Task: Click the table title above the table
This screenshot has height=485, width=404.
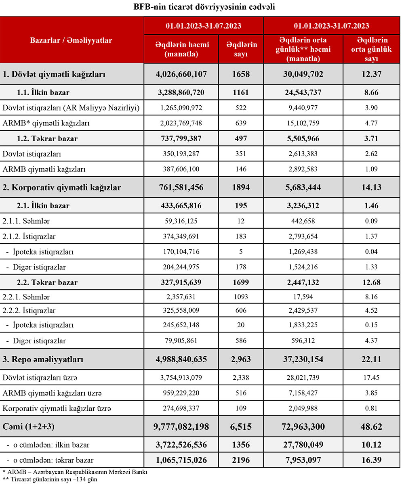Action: [x=202, y=7]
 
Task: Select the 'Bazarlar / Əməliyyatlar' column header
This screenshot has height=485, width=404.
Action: [x=72, y=40]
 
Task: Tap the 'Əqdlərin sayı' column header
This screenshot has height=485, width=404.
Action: [x=241, y=49]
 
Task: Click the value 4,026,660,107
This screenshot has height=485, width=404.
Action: [x=181, y=74]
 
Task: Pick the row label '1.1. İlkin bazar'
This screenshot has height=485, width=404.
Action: [x=43, y=93]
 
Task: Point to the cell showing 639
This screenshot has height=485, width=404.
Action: [x=241, y=123]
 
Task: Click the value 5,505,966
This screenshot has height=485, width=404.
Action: [x=303, y=138]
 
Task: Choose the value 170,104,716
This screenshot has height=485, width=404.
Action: [x=181, y=252]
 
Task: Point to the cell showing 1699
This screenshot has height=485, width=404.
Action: [x=241, y=282]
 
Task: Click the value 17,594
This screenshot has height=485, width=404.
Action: [x=303, y=297]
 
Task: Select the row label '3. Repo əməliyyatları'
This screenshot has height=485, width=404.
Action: [x=43, y=359]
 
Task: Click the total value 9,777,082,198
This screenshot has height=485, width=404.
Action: [x=181, y=426]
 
